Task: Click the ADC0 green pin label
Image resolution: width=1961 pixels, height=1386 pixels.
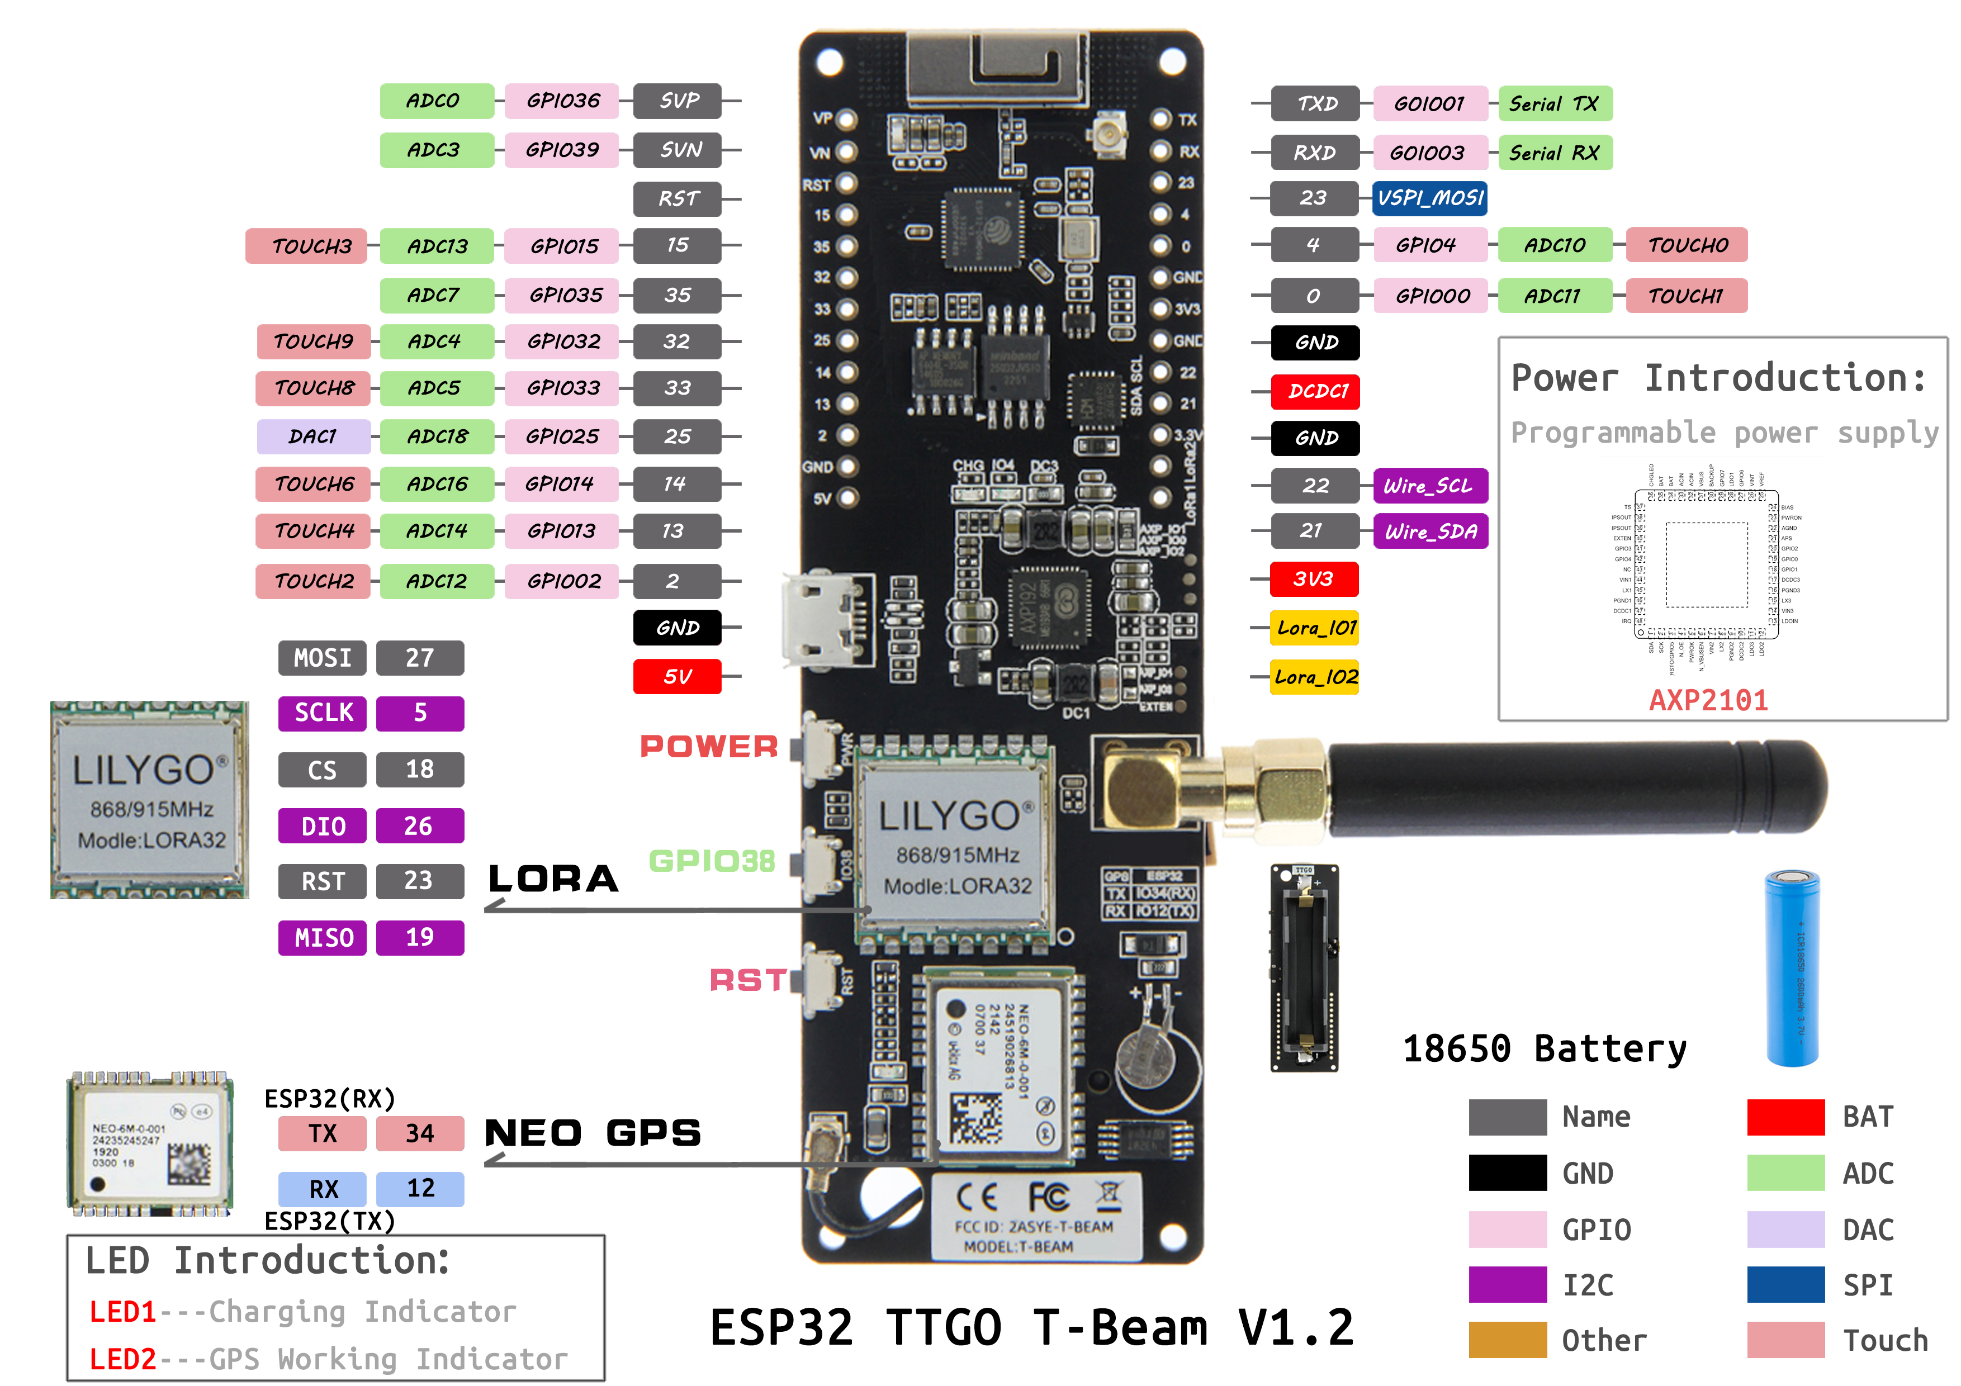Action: coord(435,101)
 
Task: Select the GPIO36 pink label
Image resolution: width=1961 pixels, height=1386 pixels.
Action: coord(561,101)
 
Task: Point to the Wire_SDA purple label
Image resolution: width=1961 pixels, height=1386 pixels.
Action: coord(1430,531)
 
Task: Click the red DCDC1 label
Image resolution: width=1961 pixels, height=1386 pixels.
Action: coord(1314,391)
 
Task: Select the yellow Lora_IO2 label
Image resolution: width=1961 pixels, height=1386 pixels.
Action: coord(1314,677)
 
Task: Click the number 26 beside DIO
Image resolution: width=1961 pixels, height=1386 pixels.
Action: coord(419,826)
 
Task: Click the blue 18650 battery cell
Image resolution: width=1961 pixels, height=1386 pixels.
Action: coord(1792,967)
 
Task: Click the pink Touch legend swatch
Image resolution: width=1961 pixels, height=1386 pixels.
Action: coord(1785,1339)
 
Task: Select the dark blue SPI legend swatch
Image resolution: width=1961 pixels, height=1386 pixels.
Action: coord(1785,1284)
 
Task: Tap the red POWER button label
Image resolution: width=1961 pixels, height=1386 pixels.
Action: coord(709,747)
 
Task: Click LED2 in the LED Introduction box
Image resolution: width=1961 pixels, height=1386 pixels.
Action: coord(122,1358)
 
